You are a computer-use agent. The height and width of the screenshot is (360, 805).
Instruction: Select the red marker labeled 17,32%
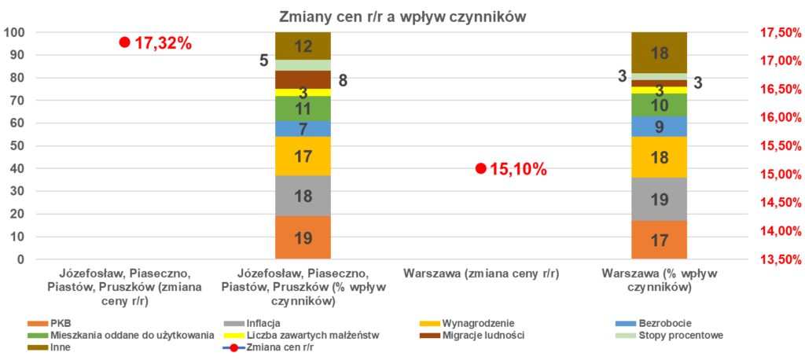tap(124, 42)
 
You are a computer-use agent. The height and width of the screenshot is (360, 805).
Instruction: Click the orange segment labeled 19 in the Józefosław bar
tap(303, 237)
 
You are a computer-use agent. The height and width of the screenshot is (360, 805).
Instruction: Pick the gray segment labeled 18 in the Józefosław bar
tap(303, 195)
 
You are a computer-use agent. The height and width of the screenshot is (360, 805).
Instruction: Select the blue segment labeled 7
tap(303, 129)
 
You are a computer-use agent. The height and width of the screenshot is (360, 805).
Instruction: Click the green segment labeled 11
tap(303, 108)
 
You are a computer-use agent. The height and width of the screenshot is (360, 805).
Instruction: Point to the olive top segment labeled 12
tap(303, 46)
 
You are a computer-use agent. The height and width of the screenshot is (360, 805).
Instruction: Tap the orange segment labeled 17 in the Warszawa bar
tap(660, 240)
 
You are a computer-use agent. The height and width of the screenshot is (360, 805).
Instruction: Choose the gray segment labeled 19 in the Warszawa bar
tap(660, 199)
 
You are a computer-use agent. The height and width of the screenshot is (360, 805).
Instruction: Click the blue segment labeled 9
tap(660, 127)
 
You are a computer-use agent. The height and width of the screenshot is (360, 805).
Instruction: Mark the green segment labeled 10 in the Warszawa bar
tap(660, 105)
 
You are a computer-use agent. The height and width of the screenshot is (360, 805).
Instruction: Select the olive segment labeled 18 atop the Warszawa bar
tap(660, 53)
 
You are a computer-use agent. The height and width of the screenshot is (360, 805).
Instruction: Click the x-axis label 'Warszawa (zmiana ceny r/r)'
tap(480, 274)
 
